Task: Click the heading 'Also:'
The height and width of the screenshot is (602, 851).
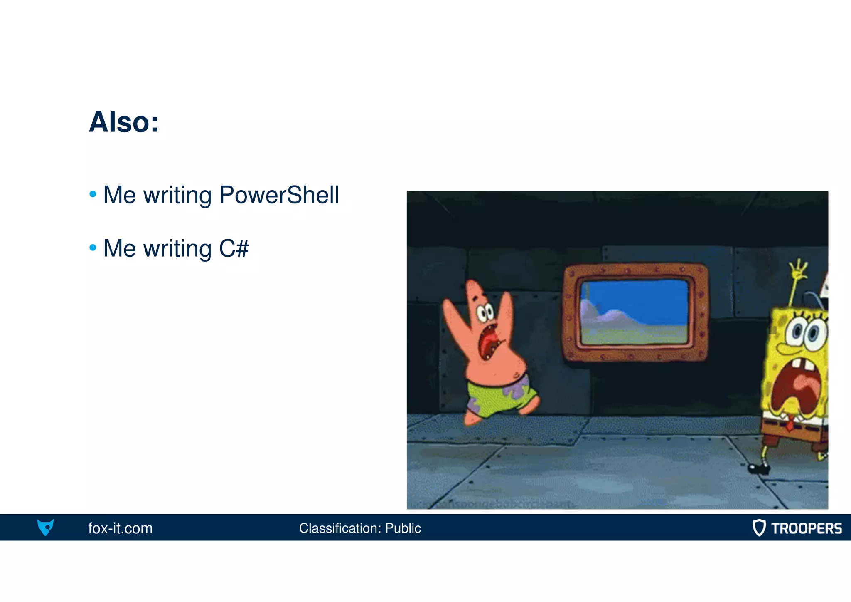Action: tap(124, 122)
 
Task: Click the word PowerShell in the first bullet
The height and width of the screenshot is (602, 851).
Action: tap(279, 195)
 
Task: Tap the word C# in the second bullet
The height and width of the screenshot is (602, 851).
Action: tap(234, 248)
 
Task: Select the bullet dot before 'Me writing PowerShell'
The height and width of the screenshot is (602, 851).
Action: tap(93, 194)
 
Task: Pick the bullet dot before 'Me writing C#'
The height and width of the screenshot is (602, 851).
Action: tap(93, 248)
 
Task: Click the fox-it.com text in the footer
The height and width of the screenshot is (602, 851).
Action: tap(121, 528)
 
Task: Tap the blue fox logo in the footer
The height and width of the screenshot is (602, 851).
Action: tap(45, 527)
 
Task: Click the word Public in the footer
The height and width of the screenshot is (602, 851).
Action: tap(403, 528)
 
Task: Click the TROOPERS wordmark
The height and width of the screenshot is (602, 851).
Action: tap(806, 528)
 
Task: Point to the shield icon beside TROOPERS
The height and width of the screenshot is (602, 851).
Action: tap(759, 528)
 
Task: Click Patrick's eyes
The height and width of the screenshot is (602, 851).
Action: tap(485, 312)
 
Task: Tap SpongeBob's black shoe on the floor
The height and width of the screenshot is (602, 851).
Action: tap(759, 469)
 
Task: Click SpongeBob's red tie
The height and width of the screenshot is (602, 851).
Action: tap(789, 424)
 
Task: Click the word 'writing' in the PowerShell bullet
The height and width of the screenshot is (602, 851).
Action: tap(177, 195)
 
